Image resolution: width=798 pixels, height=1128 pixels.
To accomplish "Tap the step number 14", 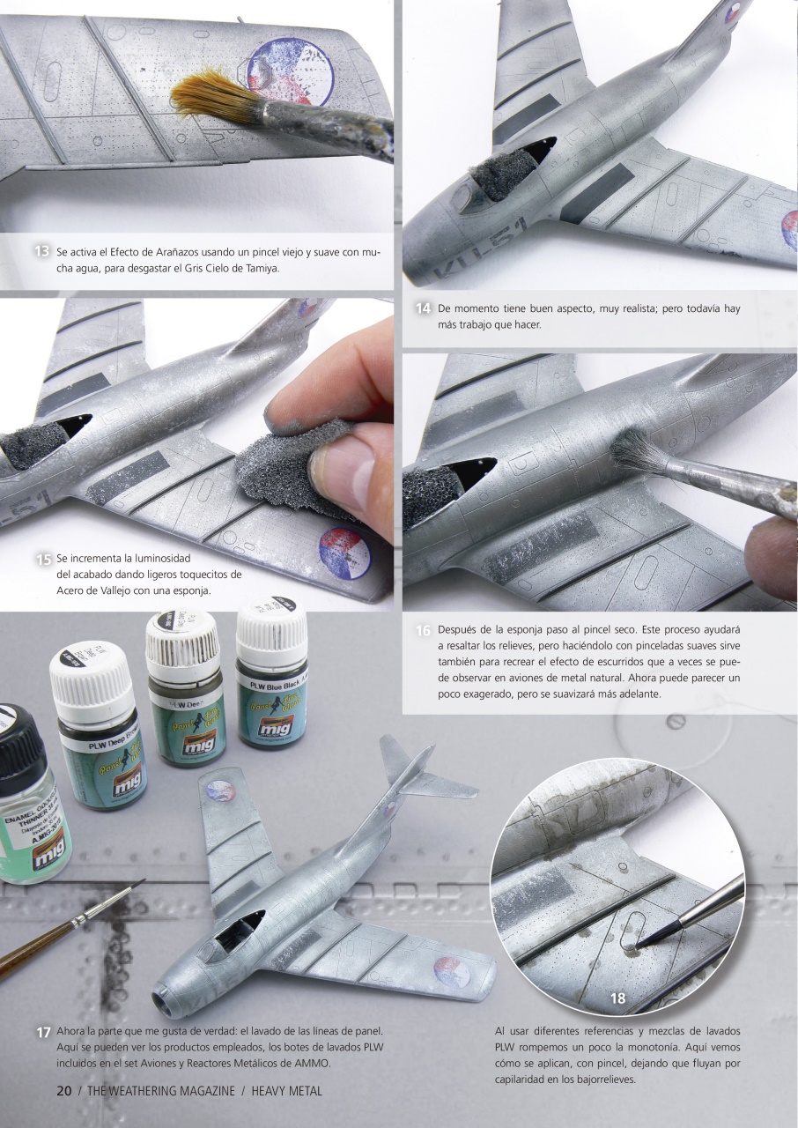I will pyautogui.click(x=423, y=308).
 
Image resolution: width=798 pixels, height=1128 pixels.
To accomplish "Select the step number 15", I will pyautogui.click(x=43, y=559).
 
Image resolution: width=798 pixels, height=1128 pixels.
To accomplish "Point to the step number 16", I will pyautogui.click(x=423, y=631).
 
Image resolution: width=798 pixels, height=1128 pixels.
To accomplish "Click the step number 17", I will pyautogui.click(x=43, y=1032).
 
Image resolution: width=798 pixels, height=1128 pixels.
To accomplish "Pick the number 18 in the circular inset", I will pyautogui.click(x=617, y=998).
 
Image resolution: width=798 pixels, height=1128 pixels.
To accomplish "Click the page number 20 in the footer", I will pyautogui.click(x=63, y=1091).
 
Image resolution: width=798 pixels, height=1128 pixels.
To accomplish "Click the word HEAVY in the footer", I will pyautogui.click(x=273, y=1091).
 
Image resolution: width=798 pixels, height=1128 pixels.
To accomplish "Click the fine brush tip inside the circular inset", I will pyautogui.click(x=640, y=944).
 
